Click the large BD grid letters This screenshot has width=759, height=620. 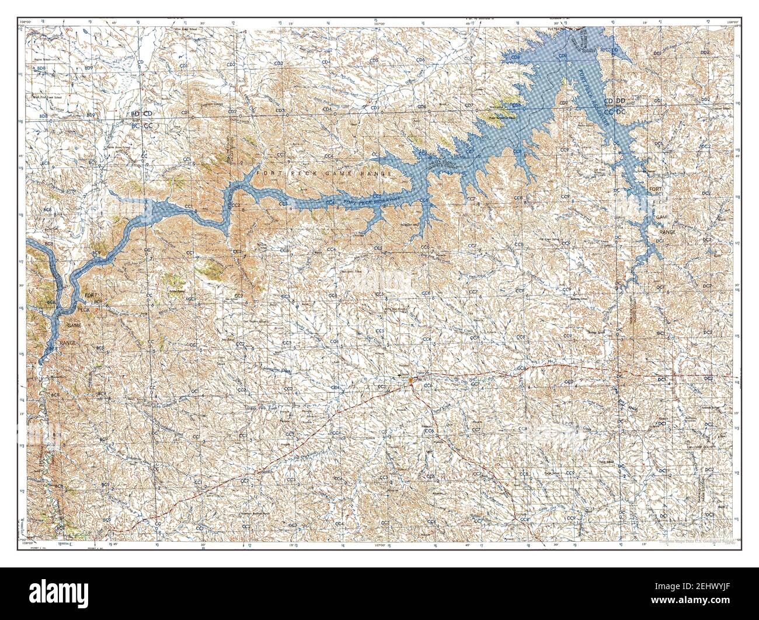[x=135, y=113]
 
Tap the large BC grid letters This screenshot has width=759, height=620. [x=135, y=125]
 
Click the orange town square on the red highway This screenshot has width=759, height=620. [x=411, y=381]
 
